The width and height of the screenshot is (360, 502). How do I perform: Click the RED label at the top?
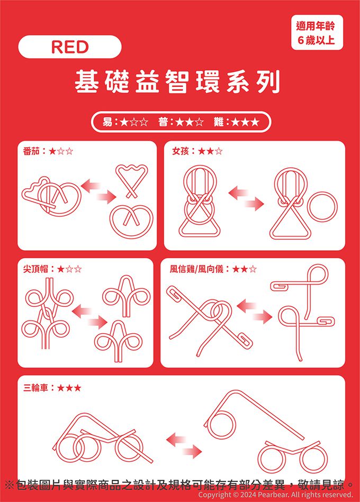click(70, 47)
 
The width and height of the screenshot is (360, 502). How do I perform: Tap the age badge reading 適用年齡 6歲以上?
click(317, 33)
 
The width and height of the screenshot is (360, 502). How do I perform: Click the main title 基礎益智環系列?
click(177, 81)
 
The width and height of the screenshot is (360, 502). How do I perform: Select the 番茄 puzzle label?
click(31, 151)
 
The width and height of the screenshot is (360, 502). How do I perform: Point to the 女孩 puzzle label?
click(181, 151)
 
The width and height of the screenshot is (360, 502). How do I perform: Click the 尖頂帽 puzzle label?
click(35, 269)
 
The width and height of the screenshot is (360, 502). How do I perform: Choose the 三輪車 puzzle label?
click(35, 388)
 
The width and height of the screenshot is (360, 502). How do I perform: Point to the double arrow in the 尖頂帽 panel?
click(89, 316)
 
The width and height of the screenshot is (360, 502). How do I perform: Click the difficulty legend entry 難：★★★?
click(236, 122)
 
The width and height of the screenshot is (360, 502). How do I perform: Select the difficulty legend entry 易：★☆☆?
click(125, 122)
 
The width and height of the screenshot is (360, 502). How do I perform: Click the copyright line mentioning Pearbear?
click(275, 495)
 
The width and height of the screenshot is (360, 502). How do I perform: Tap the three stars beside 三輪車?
click(69, 388)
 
